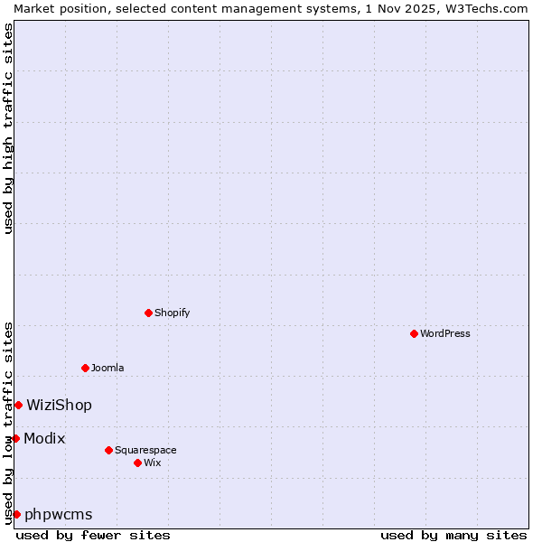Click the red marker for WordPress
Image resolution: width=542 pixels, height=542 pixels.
[x=414, y=333]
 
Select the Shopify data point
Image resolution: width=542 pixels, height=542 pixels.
[x=148, y=313]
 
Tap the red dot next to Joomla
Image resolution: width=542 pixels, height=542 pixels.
[x=85, y=368]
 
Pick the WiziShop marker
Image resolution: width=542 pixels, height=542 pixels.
[x=18, y=405]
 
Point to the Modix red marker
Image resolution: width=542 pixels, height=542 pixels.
[x=15, y=438]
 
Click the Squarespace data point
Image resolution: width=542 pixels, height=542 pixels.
[x=108, y=450]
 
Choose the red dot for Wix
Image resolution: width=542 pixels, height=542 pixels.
[x=137, y=463]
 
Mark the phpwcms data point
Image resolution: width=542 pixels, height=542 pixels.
[x=16, y=514]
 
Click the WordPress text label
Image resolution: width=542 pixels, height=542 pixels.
[x=445, y=333]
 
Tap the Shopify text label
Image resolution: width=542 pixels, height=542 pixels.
[x=172, y=313]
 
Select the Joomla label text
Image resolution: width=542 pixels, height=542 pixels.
[x=107, y=368]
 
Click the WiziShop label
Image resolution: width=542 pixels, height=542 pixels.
[x=59, y=405]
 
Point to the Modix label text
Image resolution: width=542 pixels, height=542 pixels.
[x=44, y=438]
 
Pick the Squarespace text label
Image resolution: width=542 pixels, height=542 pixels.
[x=145, y=450]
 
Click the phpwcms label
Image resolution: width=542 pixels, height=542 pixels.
[x=58, y=514]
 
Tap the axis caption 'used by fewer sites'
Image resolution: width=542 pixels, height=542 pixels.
[x=93, y=535]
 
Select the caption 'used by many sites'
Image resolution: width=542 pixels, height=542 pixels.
[x=453, y=535]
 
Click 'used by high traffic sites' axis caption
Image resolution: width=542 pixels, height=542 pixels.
[x=8, y=128]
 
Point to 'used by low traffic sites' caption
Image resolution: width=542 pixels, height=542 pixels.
[x=8, y=423]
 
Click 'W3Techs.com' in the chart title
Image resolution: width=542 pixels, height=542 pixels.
[x=484, y=8]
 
